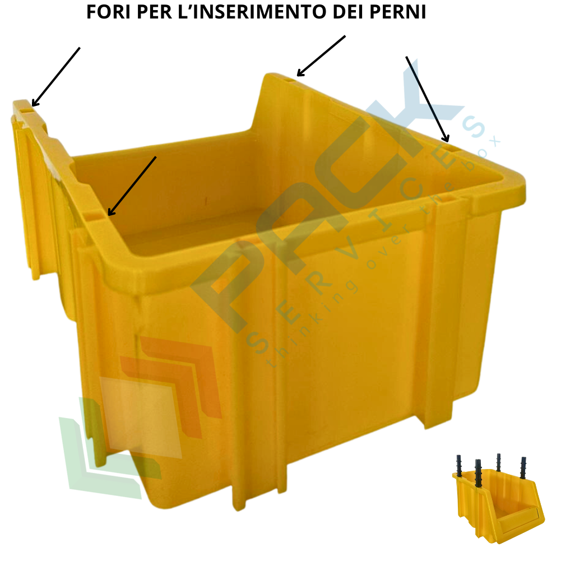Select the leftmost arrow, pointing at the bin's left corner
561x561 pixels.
point(56,77)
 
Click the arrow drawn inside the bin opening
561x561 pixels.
point(132,186)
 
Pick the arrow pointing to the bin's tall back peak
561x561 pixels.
point(321,56)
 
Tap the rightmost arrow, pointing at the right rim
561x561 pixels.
point(427,99)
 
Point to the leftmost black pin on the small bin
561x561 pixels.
point(459,466)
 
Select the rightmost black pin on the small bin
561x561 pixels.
point(523,467)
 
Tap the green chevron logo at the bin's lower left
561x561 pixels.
point(108,447)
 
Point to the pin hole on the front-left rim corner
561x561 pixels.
point(93,216)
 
